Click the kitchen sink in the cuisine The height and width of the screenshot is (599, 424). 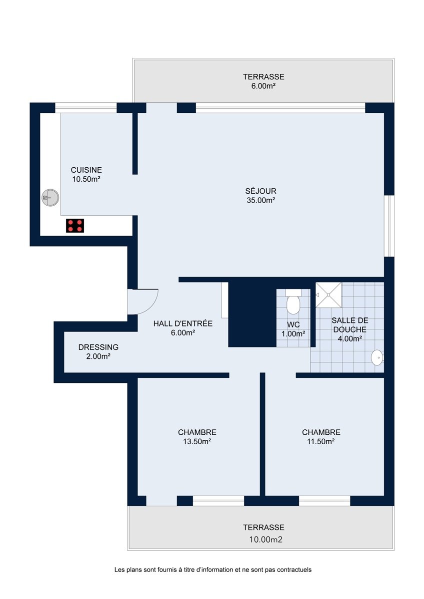tap(50, 198)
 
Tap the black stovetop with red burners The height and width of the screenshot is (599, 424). tap(75, 226)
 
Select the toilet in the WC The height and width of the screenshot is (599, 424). tap(293, 302)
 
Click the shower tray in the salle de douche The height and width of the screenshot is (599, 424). tap(328, 295)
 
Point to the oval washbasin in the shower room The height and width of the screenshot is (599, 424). tap(377, 357)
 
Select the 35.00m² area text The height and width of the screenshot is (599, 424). tap(261, 200)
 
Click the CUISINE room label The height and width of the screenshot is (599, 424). tap(86, 170)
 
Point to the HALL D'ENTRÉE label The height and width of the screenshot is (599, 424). tap(183, 323)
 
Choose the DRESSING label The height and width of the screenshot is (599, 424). tap(98, 347)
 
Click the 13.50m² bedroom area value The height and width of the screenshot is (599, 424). tap(197, 441)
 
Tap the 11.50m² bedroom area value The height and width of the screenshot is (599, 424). tap(321, 441)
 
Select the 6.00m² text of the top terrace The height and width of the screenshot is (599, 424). tap(263, 86)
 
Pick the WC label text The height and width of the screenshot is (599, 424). tap(293, 324)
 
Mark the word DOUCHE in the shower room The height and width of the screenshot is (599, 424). tap(350, 329)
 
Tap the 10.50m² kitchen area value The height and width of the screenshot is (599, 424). tap(86, 179)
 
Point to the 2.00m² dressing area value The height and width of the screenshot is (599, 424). tap(98, 356)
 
